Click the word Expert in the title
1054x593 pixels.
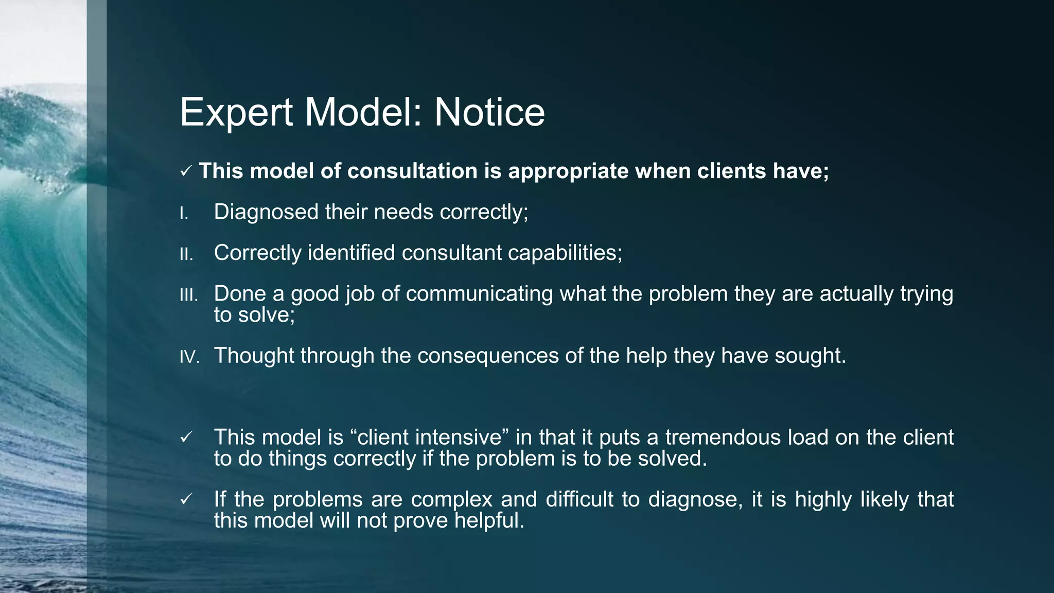[x=236, y=113]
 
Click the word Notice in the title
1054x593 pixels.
[x=489, y=112]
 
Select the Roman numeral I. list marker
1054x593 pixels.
[x=184, y=213]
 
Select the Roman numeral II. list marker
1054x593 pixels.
[x=186, y=254]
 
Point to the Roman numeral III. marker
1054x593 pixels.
[x=188, y=295]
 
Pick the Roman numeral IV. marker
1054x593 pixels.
[x=189, y=357]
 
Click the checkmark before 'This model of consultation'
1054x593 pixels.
[x=186, y=171]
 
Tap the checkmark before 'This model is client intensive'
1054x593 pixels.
[x=186, y=438]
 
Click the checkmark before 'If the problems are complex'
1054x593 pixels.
[x=186, y=499]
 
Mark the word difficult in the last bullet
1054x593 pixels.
[x=579, y=499]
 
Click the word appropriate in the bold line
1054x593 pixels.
[x=568, y=171]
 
